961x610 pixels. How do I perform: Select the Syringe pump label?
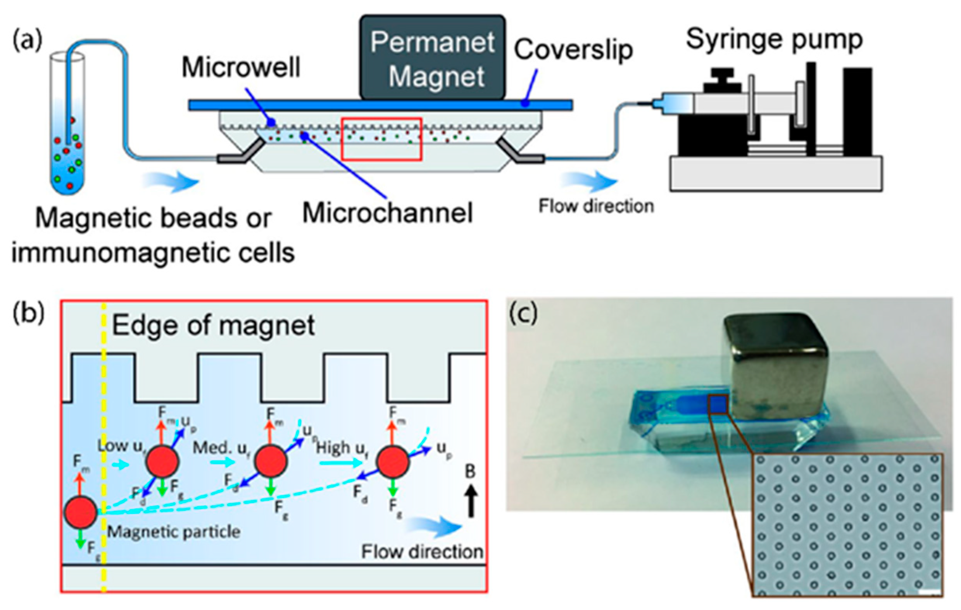[x=774, y=40]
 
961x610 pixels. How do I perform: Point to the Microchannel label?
[x=388, y=213]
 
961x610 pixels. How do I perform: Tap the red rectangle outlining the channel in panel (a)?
[x=381, y=139]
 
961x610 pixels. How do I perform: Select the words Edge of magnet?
[x=213, y=326]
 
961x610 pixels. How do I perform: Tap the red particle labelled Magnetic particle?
[x=81, y=513]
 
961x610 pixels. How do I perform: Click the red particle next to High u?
[x=393, y=462]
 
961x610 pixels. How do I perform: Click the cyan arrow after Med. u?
[x=225, y=462]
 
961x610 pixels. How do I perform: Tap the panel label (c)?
[x=523, y=314]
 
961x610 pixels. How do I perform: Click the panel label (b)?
[x=28, y=314]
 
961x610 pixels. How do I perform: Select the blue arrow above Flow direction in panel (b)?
[x=435, y=527]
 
